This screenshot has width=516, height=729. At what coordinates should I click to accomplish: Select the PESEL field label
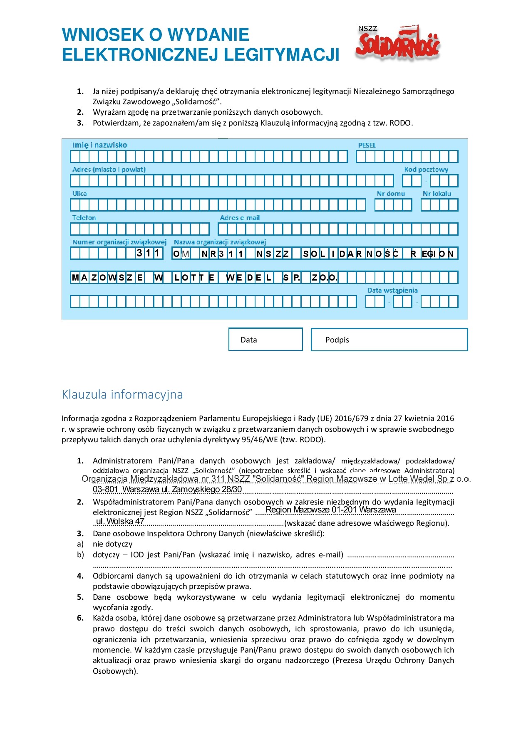[x=367, y=145]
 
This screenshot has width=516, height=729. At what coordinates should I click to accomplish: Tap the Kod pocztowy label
[x=426, y=170]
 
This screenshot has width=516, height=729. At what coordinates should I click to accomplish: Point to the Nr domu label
[x=391, y=194]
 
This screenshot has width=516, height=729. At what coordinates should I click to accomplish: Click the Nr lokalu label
[x=437, y=194]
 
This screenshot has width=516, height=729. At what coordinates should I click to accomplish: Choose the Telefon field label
[x=84, y=218]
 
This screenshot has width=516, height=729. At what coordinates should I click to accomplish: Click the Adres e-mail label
[x=240, y=218]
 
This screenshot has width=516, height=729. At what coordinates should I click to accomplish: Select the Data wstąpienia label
[x=392, y=291]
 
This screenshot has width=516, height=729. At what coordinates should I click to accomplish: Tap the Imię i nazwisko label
[x=99, y=145]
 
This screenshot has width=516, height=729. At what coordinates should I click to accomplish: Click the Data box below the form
[x=265, y=340]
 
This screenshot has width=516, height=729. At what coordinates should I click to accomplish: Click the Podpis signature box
[x=389, y=340]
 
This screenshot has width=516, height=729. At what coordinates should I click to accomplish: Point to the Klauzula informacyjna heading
[x=122, y=394]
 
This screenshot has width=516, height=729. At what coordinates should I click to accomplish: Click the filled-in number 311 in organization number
[x=148, y=253]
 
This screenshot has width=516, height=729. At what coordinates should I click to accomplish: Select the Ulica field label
[x=79, y=194]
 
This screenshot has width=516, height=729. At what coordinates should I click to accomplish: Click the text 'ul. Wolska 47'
[x=120, y=521]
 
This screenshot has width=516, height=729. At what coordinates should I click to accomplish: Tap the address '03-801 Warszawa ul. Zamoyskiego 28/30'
[x=167, y=489]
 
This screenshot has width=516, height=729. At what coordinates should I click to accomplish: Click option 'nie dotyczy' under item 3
[x=112, y=544]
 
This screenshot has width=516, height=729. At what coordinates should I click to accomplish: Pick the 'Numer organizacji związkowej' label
[x=119, y=242]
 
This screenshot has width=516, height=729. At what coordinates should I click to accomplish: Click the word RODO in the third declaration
[x=400, y=123]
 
